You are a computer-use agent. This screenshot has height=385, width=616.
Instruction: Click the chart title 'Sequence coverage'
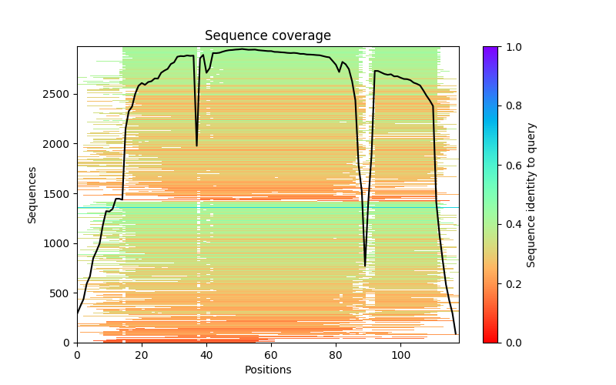click(x=268, y=36)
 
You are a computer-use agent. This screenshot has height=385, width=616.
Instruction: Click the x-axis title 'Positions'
click(x=268, y=370)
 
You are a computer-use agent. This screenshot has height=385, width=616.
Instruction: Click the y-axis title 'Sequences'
click(x=32, y=195)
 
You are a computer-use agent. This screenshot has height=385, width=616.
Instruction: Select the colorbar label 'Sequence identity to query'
click(x=531, y=195)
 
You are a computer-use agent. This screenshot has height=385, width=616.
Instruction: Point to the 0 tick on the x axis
click(x=77, y=355)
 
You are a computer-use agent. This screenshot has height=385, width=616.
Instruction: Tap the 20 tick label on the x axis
click(x=142, y=355)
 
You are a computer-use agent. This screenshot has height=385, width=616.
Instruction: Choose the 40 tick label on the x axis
click(x=206, y=355)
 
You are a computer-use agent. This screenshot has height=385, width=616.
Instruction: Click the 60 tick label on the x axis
click(x=271, y=355)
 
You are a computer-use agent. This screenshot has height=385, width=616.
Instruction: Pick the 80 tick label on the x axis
click(x=336, y=355)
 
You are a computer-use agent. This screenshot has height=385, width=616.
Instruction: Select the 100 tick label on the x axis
click(x=400, y=355)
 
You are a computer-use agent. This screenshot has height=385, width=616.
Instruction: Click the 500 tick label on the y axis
click(x=61, y=293)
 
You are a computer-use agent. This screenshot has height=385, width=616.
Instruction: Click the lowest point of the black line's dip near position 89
click(x=365, y=266)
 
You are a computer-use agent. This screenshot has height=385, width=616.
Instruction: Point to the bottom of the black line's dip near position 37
click(x=196, y=146)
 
